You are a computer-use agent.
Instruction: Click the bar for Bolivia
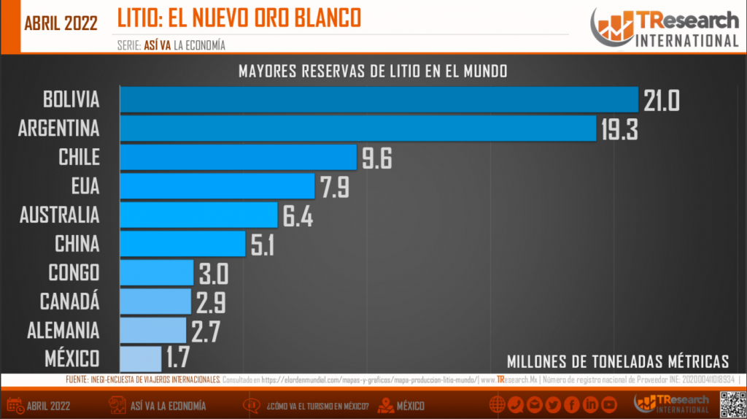point(379,99)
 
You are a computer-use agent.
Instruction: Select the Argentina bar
point(358,128)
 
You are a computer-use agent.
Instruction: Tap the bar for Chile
point(238,157)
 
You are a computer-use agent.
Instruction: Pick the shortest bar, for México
point(140,358)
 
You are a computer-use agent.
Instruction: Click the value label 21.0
point(662,100)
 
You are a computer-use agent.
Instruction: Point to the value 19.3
point(620,129)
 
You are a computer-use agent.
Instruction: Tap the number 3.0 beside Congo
point(213,274)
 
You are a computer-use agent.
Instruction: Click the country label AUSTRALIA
point(59,215)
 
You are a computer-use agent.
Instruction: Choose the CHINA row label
point(77,244)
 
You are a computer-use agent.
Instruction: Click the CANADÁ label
point(70,301)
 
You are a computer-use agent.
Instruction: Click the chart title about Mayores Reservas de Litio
point(373,72)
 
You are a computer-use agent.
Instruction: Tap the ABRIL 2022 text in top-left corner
point(61,23)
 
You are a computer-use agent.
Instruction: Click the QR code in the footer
point(732,404)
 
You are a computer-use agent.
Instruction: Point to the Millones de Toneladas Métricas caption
point(617,361)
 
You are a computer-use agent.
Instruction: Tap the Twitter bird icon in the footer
point(552,404)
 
